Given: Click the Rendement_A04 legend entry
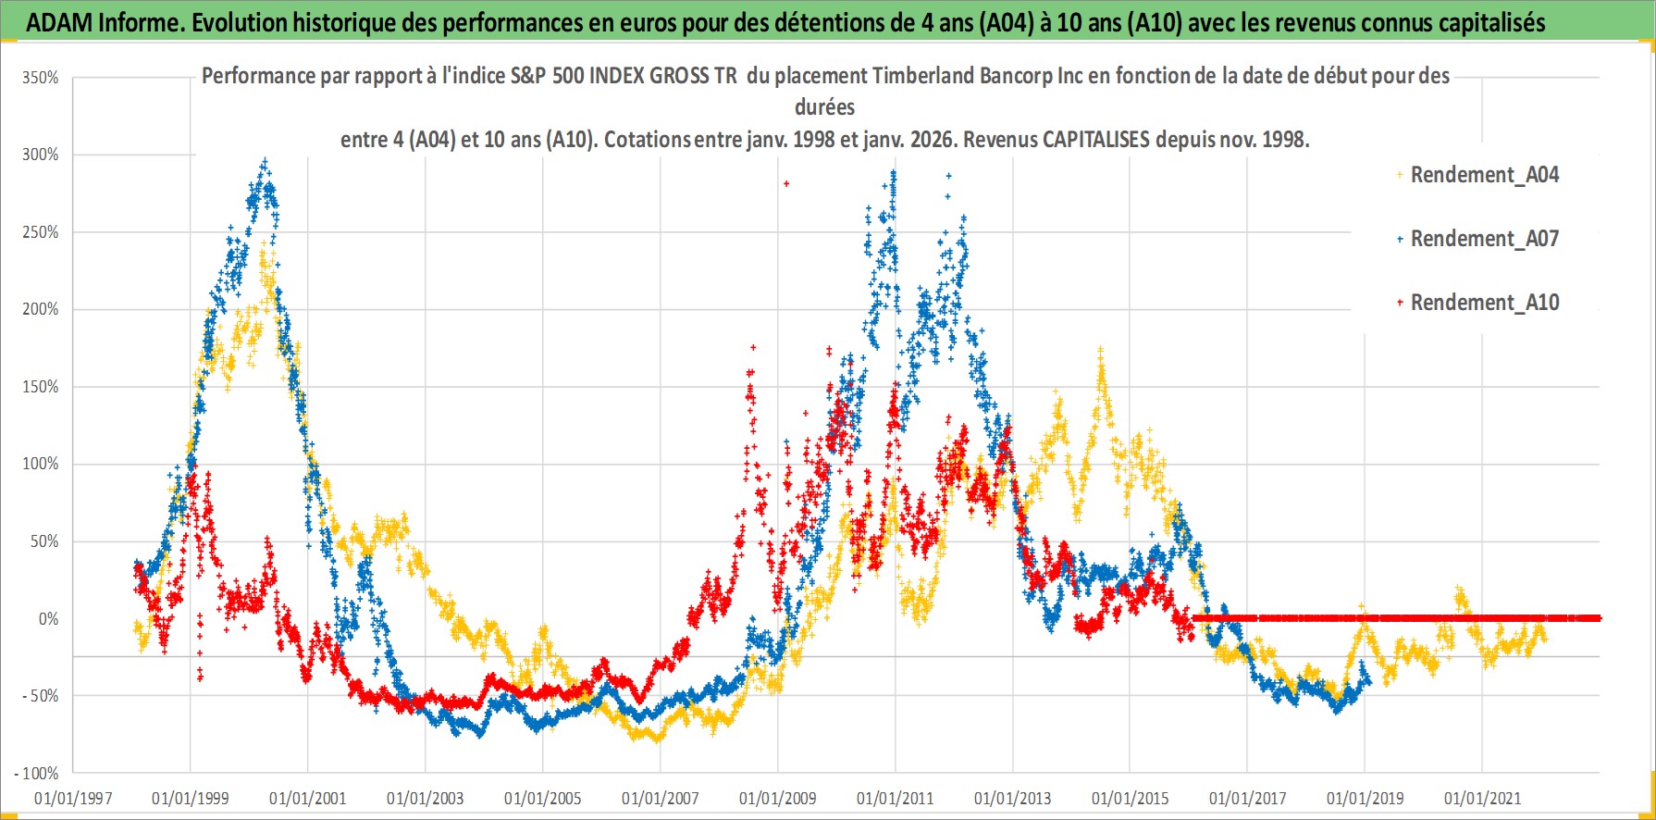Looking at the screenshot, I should click(x=1484, y=175).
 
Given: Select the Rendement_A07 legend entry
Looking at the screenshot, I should click(x=1484, y=239).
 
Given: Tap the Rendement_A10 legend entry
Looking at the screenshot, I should click(x=1484, y=303).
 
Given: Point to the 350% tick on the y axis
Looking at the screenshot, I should click(x=41, y=78).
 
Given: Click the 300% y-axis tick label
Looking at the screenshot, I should click(x=41, y=155).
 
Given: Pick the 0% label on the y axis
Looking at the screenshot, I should click(x=48, y=618).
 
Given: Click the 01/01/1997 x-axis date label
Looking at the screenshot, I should click(x=73, y=798).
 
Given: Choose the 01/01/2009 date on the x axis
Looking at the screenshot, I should click(x=778, y=798).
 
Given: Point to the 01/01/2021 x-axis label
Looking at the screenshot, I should click(x=1482, y=798).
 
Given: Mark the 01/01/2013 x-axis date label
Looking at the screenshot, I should click(x=1013, y=798).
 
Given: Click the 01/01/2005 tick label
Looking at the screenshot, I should click(x=543, y=798).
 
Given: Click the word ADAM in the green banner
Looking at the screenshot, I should click(x=58, y=22).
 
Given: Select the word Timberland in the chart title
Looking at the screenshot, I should click(x=914, y=76).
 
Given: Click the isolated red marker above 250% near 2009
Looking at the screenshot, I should click(x=786, y=183).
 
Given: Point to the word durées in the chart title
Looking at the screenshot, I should click(x=824, y=107).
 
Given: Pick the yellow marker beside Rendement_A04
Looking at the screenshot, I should click(x=1400, y=175).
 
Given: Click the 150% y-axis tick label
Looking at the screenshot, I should click(x=41, y=387).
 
